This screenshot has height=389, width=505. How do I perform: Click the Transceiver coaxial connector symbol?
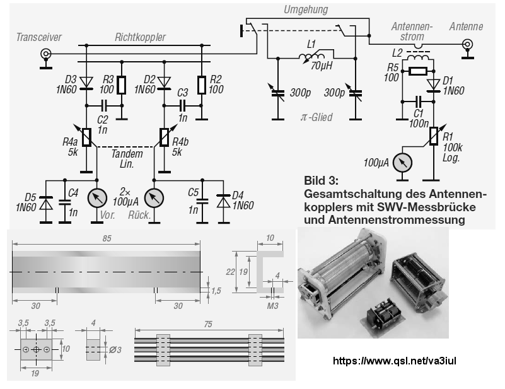pyautogui.click(x=46, y=54)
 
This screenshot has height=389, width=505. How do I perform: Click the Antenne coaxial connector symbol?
pyautogui.click(x=467, y=44)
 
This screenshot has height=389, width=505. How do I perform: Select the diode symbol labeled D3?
pyautogui.click(x=86, y=83)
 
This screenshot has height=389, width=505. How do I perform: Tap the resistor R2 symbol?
pyautogui.click(x=202, y=84)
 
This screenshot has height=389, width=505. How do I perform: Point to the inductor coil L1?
pyautogui.click(x=311, y=57)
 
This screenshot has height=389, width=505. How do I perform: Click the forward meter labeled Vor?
pyautogui.click(x=97, y=198)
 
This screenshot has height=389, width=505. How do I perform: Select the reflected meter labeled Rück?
pyautogui.click(x=154, y=198)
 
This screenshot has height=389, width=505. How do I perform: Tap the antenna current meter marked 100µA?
pyautogui.click(x=403, y=162)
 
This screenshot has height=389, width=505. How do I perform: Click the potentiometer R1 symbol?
pyautogui.click(x=434, y=136)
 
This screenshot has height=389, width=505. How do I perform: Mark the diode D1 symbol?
pyautogui.click(x=434, y=85)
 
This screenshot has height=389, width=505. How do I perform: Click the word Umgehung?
pyautogui.click(x=306, y=9)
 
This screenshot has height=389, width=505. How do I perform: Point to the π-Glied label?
pyautogui.click(x=316, y=117)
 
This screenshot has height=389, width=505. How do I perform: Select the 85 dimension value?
pyautogui.click(x=107, y=238)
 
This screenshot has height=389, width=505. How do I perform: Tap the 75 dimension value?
pyautogui.click(x=209, y=324)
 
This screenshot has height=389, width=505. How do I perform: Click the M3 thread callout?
pyautogui.click(x=272, y=305)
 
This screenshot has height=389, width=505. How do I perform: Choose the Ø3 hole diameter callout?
pyautogui.click(x=115, y=350)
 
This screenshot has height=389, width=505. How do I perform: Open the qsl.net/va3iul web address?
pyautogui.click(x=394, y=361)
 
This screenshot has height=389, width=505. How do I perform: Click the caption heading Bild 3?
pyautogui.click(x=321, y=180)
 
